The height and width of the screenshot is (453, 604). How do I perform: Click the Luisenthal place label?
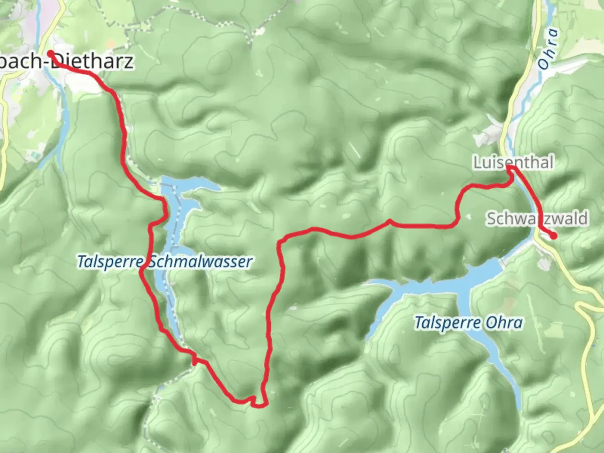513,162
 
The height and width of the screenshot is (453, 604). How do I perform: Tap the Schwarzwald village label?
537,219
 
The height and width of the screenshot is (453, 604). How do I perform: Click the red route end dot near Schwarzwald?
553,236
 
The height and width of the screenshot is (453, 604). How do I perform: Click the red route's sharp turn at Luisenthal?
510,168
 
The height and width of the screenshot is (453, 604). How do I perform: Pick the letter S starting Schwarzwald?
491,219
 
